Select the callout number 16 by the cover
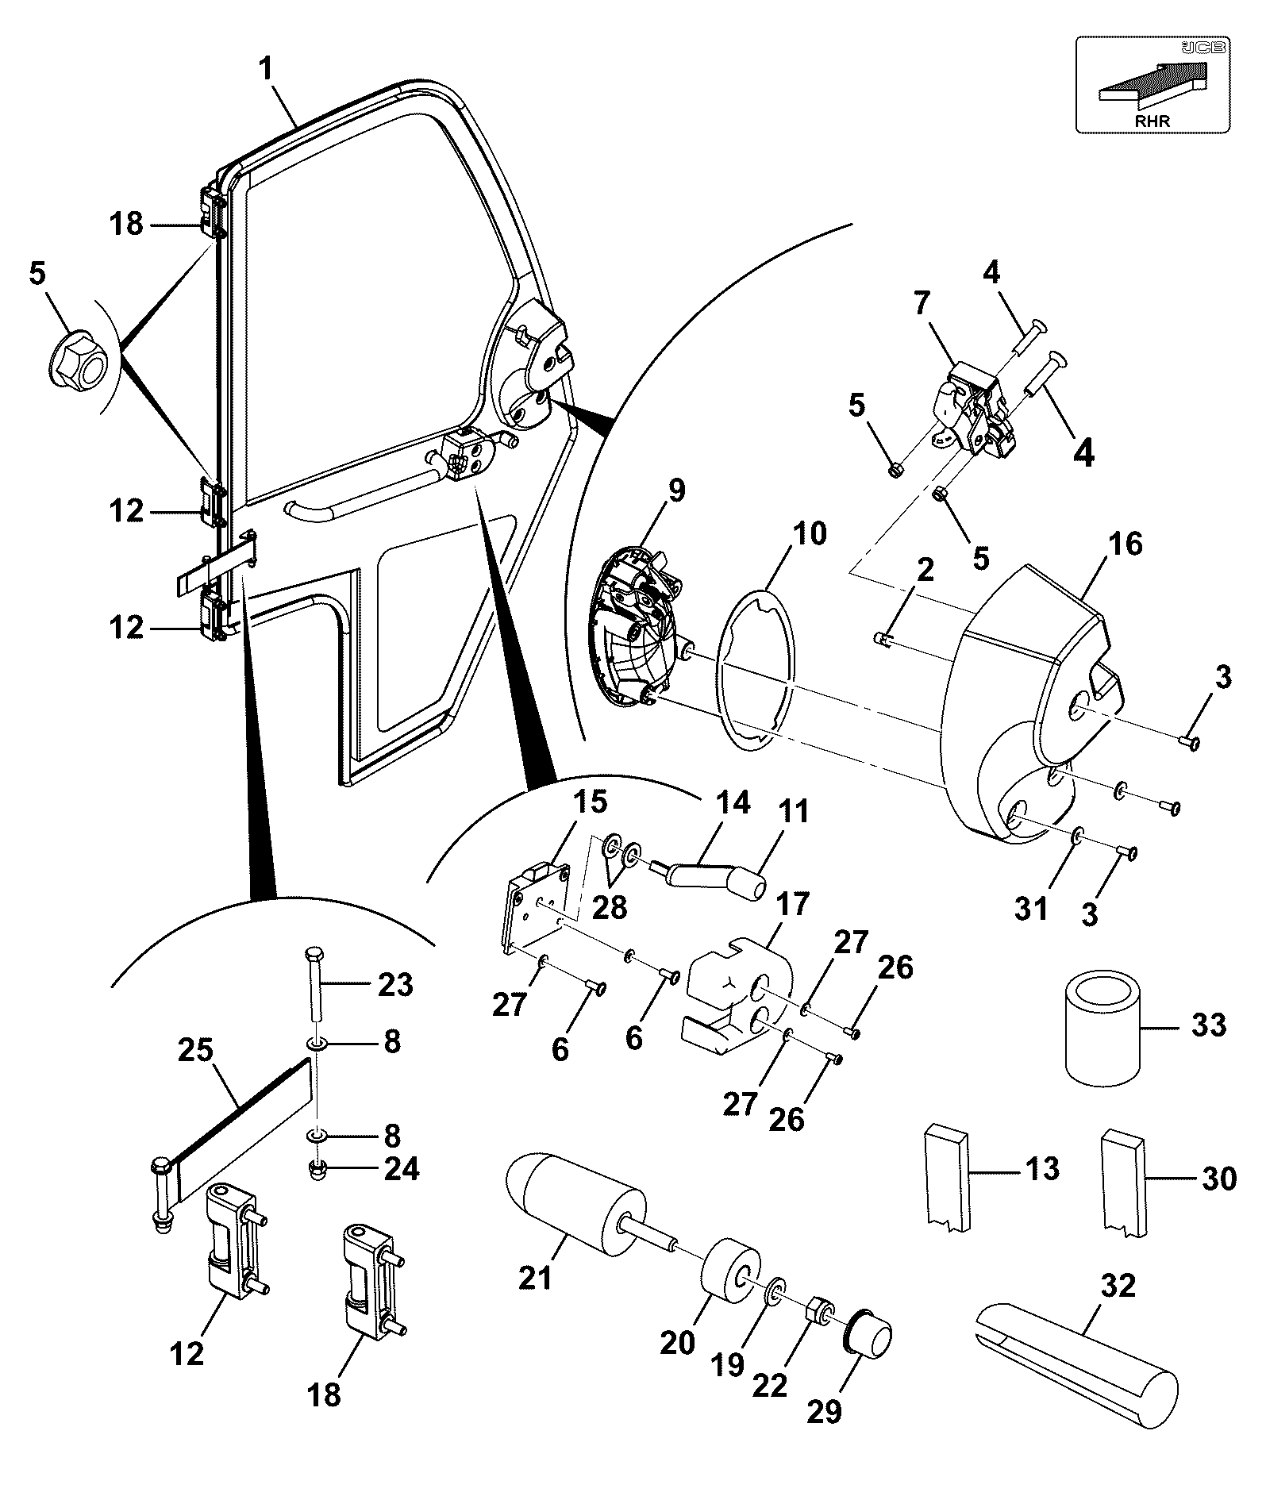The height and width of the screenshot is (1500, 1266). tap(1125, 544)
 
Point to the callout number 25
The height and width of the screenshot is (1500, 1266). tap(195, 1051)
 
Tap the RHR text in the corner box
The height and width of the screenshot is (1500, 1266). tap(1152, 121)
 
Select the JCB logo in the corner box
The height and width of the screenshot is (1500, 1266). tap(1205, 48)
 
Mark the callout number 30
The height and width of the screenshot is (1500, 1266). tap(1219, 1179)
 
